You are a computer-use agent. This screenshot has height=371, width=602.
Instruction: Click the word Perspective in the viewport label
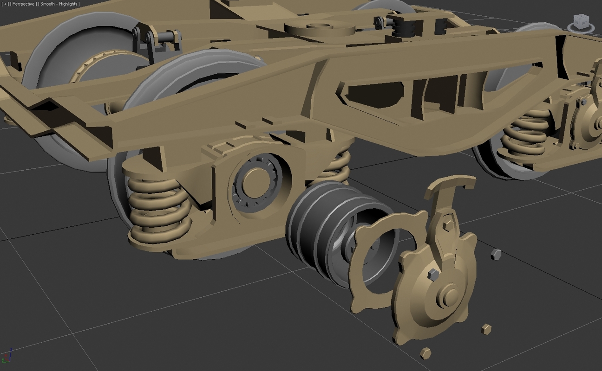[x=23, y=4]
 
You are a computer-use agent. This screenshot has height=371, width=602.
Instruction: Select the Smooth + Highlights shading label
[x=59, y=4]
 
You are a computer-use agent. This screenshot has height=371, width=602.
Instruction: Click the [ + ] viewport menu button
[x=5, y=4]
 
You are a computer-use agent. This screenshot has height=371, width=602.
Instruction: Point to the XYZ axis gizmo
[x=7, y=356]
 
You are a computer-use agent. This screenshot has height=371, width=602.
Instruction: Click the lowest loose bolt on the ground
[x=425, y=353]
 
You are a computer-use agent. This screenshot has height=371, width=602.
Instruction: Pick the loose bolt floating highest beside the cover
[x=496, y=254]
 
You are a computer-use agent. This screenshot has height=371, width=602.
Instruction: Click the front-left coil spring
[x=158, y=209]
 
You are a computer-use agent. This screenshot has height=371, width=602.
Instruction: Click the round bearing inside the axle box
[x=256, y=181]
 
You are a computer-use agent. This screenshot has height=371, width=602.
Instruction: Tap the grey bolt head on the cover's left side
[x=432, y=274]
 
